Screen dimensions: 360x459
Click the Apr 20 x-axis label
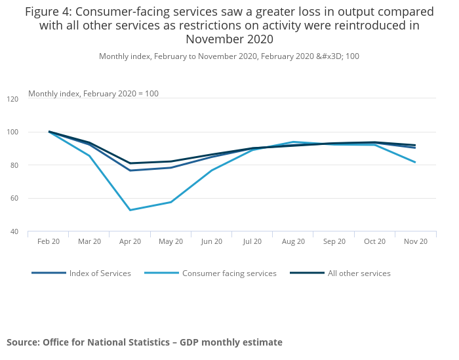[130, 241]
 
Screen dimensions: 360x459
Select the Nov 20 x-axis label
[415, 241]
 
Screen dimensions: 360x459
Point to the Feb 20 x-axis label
[49, 241]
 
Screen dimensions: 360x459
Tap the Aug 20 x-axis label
[293, 241]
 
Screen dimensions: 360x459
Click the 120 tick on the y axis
[13, 99]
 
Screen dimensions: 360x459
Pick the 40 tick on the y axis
[14, 231]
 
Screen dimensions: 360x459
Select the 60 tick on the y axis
[14, 198]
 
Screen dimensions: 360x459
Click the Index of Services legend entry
[99, 273]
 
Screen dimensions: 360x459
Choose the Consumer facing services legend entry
[229, 273]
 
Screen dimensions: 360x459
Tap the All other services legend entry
[359, 273]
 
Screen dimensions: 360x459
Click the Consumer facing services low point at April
[130, 210]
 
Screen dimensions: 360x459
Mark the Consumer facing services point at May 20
[170, 202]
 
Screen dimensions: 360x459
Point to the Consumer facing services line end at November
[415, 162]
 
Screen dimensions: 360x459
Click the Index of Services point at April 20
[130, 170]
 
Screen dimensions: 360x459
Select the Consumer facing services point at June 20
[211, 170]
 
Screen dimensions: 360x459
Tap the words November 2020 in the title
[229, 39]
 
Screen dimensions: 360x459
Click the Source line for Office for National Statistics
[144, 342]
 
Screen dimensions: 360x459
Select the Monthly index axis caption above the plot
[93, 94]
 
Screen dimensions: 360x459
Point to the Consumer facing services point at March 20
[89, 155]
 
